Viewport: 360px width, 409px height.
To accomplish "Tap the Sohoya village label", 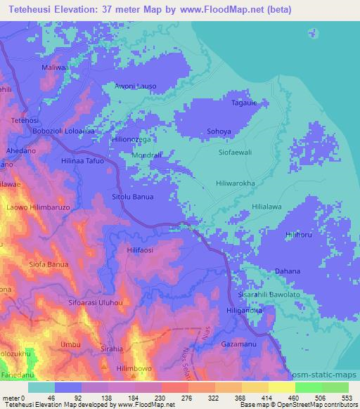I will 219,131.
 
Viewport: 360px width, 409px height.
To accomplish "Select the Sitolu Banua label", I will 132,197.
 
